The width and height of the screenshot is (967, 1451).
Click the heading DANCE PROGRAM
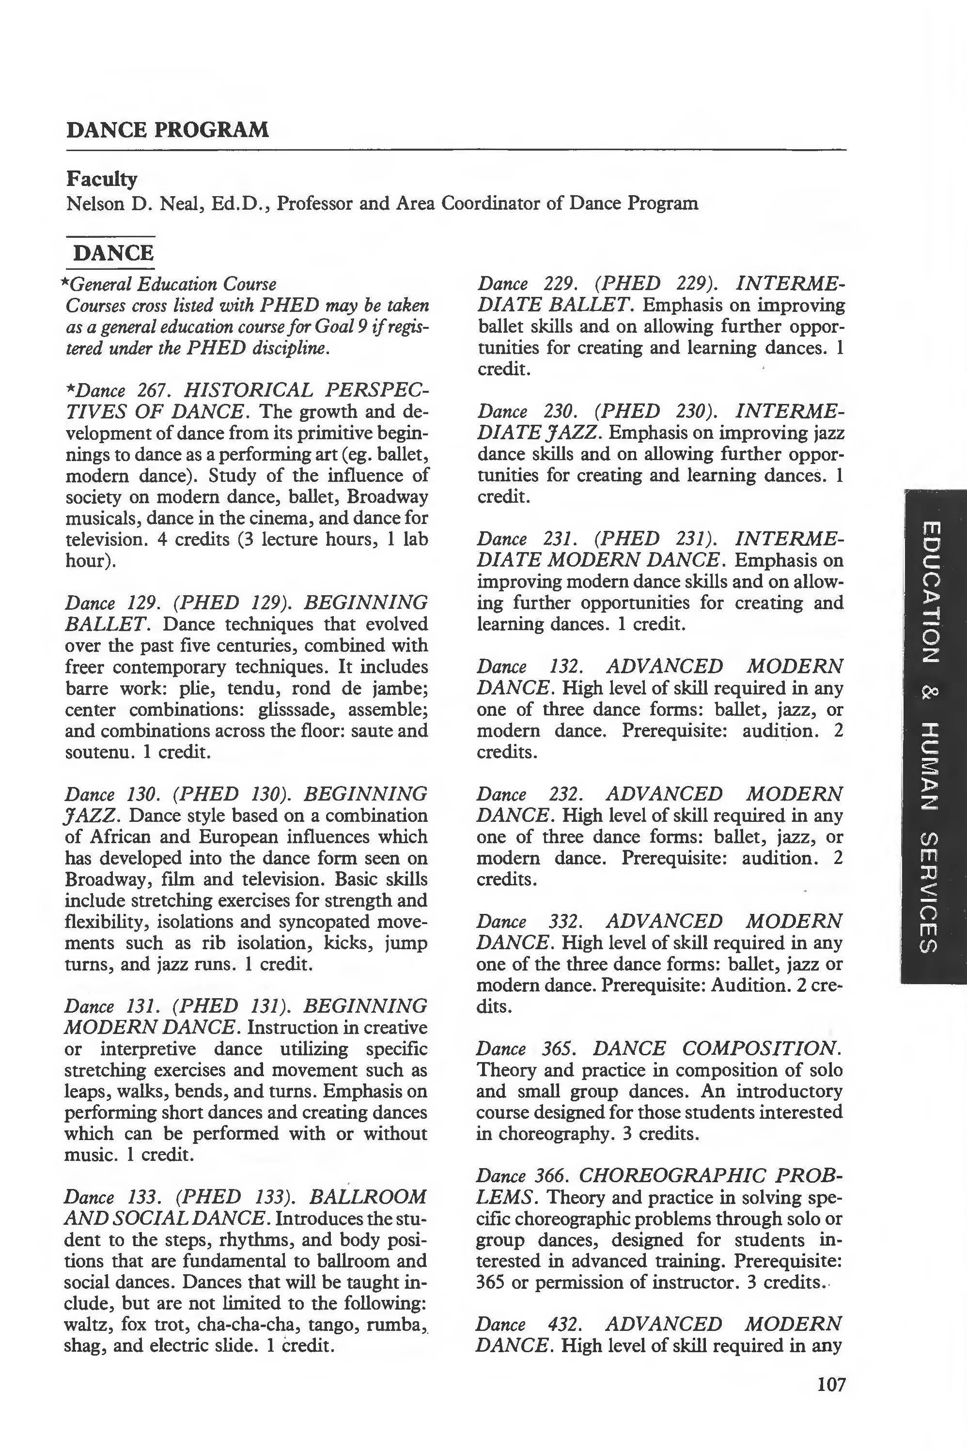coord(167,130)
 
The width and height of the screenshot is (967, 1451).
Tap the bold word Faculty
coord(102,179)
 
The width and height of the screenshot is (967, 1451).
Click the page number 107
coord(831,1402)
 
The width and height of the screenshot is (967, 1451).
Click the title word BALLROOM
coord(368,1197)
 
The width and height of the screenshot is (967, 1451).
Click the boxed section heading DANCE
coord(112,253)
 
